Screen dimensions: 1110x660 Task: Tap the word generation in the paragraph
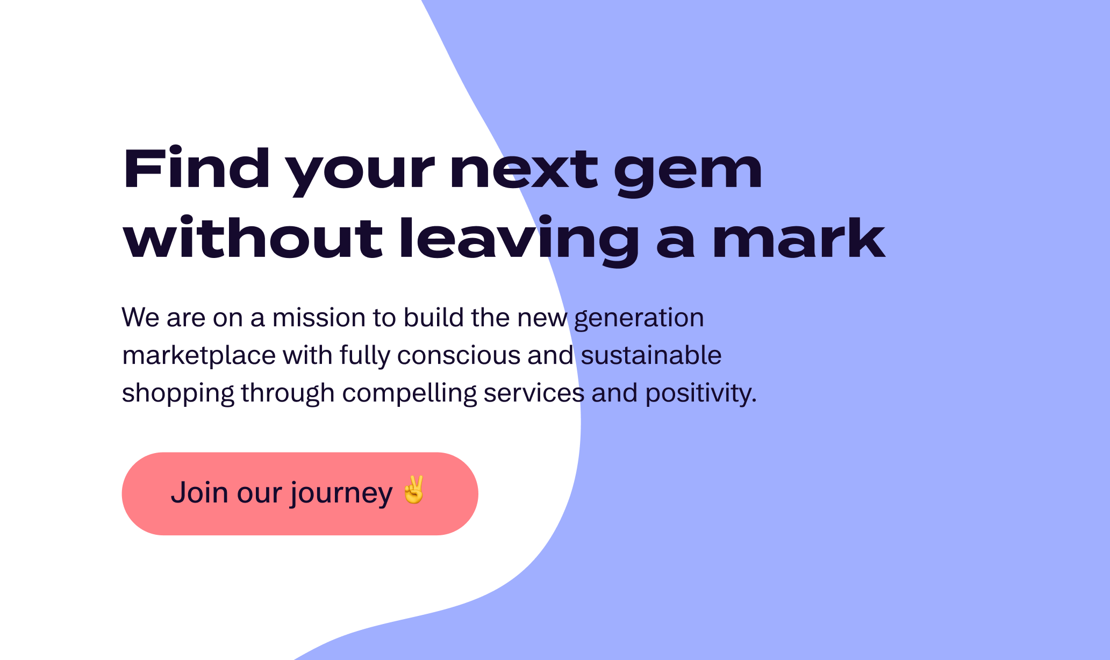[x=639, y=319]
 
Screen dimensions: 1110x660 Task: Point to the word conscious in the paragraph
[x=459, y=356]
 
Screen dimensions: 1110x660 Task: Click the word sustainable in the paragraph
[x=651, y=355]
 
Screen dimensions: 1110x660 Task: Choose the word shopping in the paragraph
[x=178, y=394]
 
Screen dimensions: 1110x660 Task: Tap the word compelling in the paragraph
[x=410, y=394]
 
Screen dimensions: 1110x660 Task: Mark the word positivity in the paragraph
[x=701, y=394]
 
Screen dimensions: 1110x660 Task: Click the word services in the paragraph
[x=534, y=393]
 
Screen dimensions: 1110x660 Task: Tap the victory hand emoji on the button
[x=414, y=490]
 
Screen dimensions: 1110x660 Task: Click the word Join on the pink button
[x=199, y=492]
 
